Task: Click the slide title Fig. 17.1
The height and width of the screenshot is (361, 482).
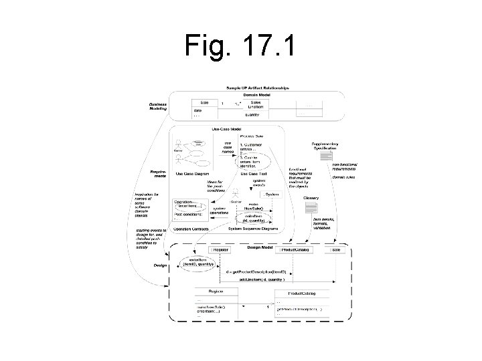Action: pyautogui.click(x=241, y=47)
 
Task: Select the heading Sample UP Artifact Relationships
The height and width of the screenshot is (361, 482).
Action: pyautogui.click(x=258, y=88)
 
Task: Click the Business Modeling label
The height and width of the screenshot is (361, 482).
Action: pyautogui.click(x=159, y=106)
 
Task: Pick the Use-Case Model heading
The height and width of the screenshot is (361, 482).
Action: pyautogui.click(x=226, y=129)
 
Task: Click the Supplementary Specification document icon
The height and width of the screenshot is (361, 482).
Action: pyautogui.click(x=326, y=155)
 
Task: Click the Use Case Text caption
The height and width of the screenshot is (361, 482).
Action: pyautogui.click(x=252, y=174)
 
